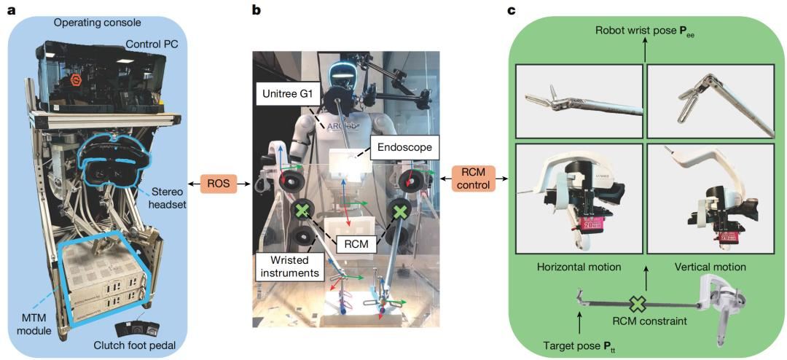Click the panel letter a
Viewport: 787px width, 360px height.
click(10, 9)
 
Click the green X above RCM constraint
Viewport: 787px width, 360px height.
click(638, 305)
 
